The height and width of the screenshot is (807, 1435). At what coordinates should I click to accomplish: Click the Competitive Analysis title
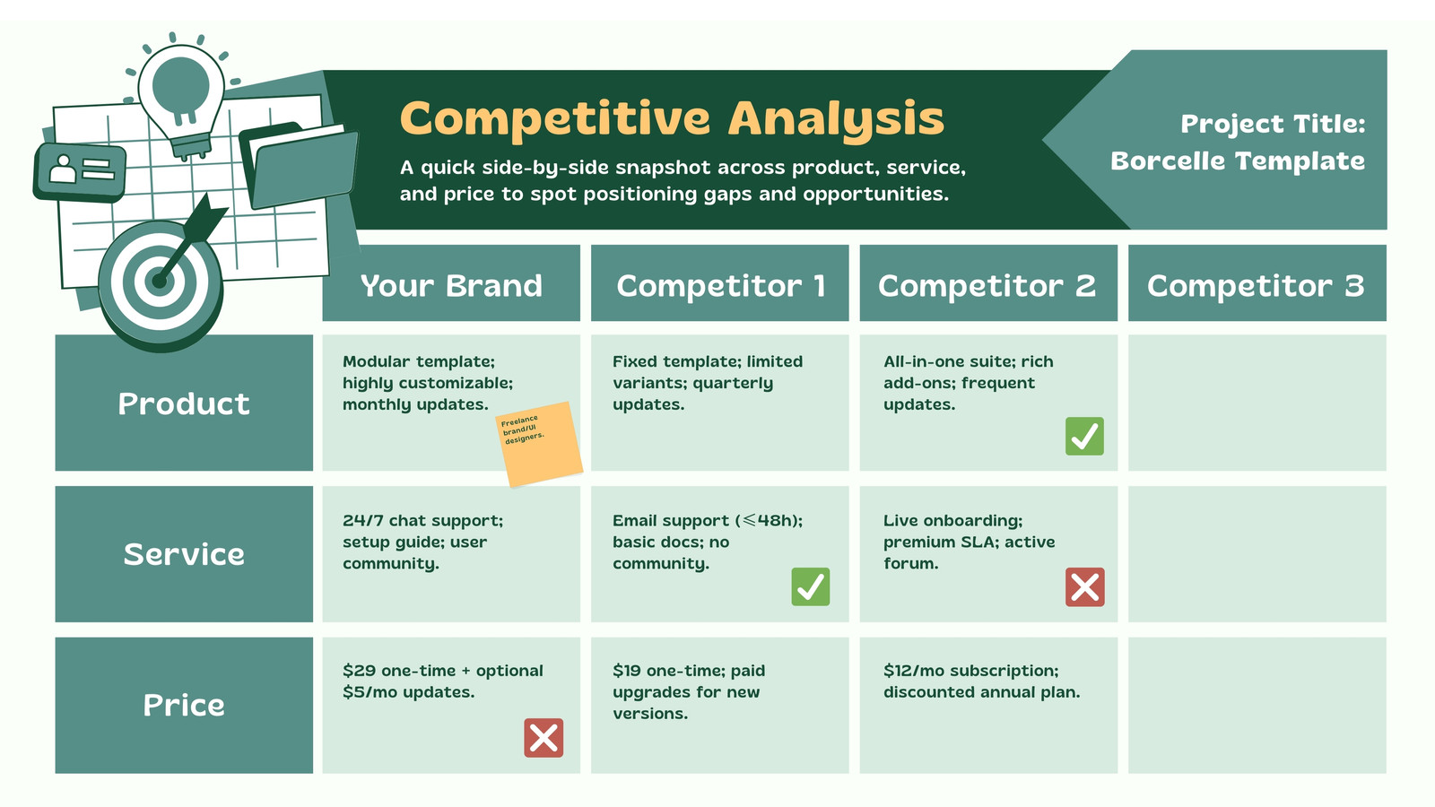click(x=672, y=119)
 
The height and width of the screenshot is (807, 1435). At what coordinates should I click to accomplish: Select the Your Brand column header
click(x=451, y=285)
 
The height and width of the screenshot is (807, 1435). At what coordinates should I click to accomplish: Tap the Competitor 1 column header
click(x=720, y=285)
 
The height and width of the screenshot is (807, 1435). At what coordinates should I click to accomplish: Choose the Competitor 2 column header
click(x=987, y=285)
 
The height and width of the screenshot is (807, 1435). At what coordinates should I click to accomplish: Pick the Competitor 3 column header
click(x=1256, y=285)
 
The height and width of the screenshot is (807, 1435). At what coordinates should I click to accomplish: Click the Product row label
click(x=184, y=403)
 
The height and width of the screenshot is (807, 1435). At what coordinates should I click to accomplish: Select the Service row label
click(x=184, y=554)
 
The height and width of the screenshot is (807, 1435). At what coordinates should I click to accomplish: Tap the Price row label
click(x=184, y=705)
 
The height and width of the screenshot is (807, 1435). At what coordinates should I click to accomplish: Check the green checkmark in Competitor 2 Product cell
click(x=1084, y=437)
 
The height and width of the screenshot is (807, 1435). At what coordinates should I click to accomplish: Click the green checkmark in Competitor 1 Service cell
click(x=811, y=586)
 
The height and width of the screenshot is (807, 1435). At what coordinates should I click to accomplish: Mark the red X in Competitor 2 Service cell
click(x=1084, y=587)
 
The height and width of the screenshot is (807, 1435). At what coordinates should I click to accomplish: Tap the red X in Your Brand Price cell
click(x=544, y=738)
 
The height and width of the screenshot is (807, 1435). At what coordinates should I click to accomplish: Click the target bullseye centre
click(x=160, y=282)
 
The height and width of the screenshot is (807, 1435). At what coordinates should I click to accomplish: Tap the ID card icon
click(x=80, y=170)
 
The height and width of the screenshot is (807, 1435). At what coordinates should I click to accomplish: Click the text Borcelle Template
click(x=1238, y=161)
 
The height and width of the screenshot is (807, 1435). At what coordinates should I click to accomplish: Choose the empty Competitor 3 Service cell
click(x=1257, y=554)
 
